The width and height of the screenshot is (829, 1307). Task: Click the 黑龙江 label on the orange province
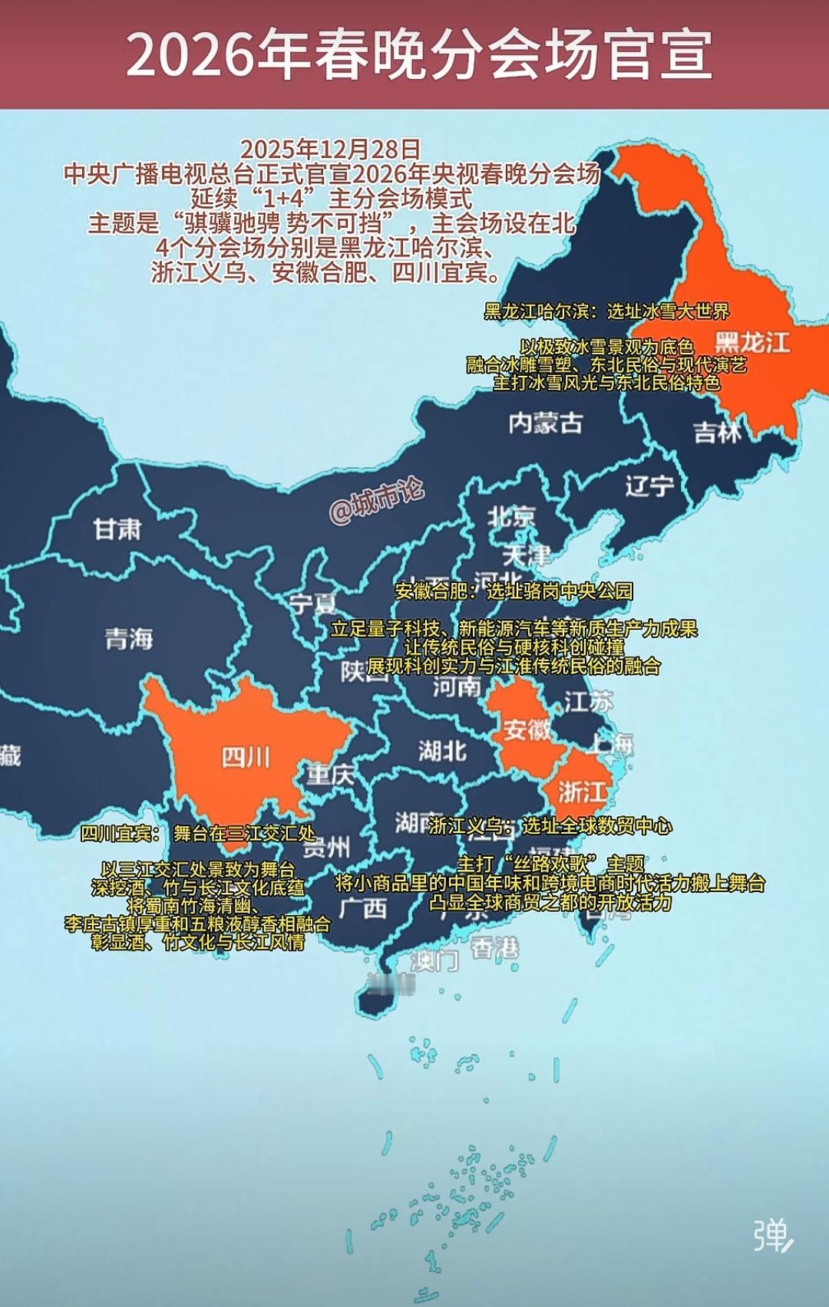point(752,342)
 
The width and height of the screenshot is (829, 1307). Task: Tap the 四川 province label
point(246,758)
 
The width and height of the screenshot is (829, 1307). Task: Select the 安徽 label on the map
point(527,729)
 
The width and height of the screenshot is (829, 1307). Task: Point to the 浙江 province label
point(583,791)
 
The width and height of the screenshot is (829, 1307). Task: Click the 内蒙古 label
point(545,423)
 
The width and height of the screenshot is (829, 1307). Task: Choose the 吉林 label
point(717,433)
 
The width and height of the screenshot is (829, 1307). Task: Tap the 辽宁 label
point(649,486)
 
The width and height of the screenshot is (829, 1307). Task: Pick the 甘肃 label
point(117,528)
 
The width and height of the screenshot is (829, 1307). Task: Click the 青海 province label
point(129,638)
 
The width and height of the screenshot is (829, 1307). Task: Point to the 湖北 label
point(442,750)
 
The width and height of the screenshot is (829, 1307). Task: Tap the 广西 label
point(363,908)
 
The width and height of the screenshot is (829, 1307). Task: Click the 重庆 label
point(330,775)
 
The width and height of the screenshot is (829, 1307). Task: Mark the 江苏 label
point(589,701)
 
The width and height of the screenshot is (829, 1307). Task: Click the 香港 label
point(494,949)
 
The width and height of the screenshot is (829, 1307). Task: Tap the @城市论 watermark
point(376,502)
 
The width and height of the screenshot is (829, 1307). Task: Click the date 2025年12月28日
point(330,149)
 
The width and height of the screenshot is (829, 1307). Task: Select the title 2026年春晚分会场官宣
point(418,54)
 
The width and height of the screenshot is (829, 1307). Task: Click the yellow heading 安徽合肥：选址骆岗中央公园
point(514,591)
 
